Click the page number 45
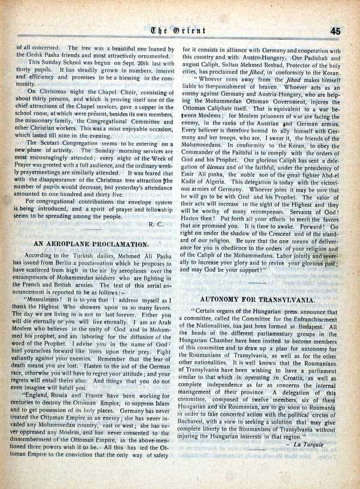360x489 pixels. point(335,31)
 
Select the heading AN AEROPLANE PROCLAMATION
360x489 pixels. point(91,244)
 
